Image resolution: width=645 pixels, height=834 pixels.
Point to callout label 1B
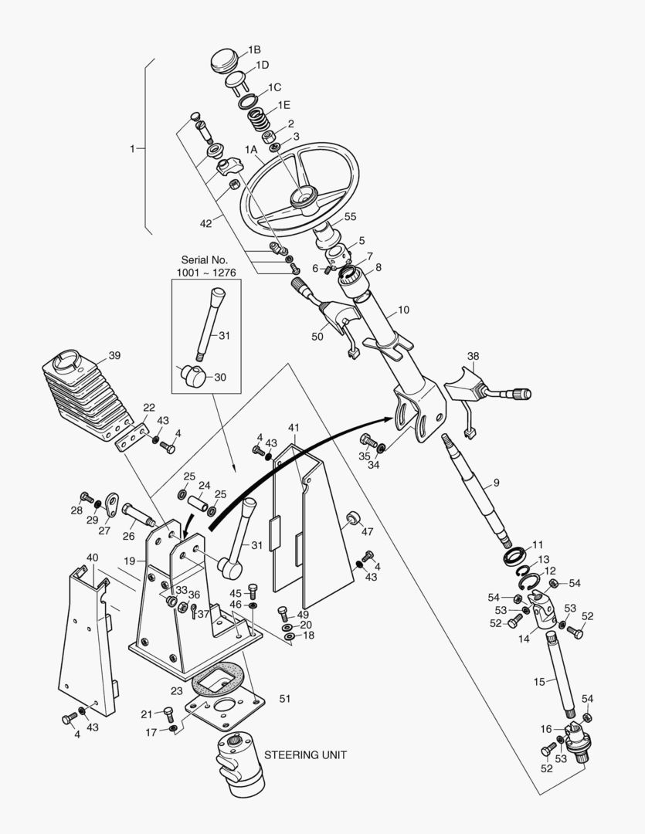(x=254, y=49)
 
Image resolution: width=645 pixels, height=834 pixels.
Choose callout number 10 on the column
(x=403, y=310)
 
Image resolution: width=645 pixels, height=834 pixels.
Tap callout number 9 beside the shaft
(x=496, y=483)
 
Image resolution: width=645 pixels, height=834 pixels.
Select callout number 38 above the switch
(x=473, y=356)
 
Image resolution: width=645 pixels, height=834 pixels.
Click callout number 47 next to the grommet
(x=367, y=531)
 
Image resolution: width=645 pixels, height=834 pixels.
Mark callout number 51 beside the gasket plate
(x=284, y=698)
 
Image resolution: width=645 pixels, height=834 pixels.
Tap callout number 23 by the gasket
(x=177, y=691)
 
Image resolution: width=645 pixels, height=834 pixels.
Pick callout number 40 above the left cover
(x=92, y=557)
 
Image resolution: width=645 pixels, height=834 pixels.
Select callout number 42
(x=205, y=223)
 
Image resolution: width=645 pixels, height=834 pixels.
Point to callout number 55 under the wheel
(x=350, y=217)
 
